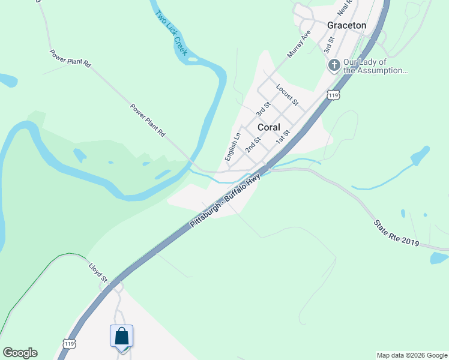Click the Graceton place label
pos(346,25)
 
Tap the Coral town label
pos(270,127)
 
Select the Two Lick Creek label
pos(171,34)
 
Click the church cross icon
pos(334,65)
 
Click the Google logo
pos(20,353)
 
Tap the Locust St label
pos(287,95)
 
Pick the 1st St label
pos(283,137)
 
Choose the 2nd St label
pos(253,145)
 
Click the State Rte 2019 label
pos(396,233)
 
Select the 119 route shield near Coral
pos(334,95)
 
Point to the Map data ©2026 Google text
pos(412,355)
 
